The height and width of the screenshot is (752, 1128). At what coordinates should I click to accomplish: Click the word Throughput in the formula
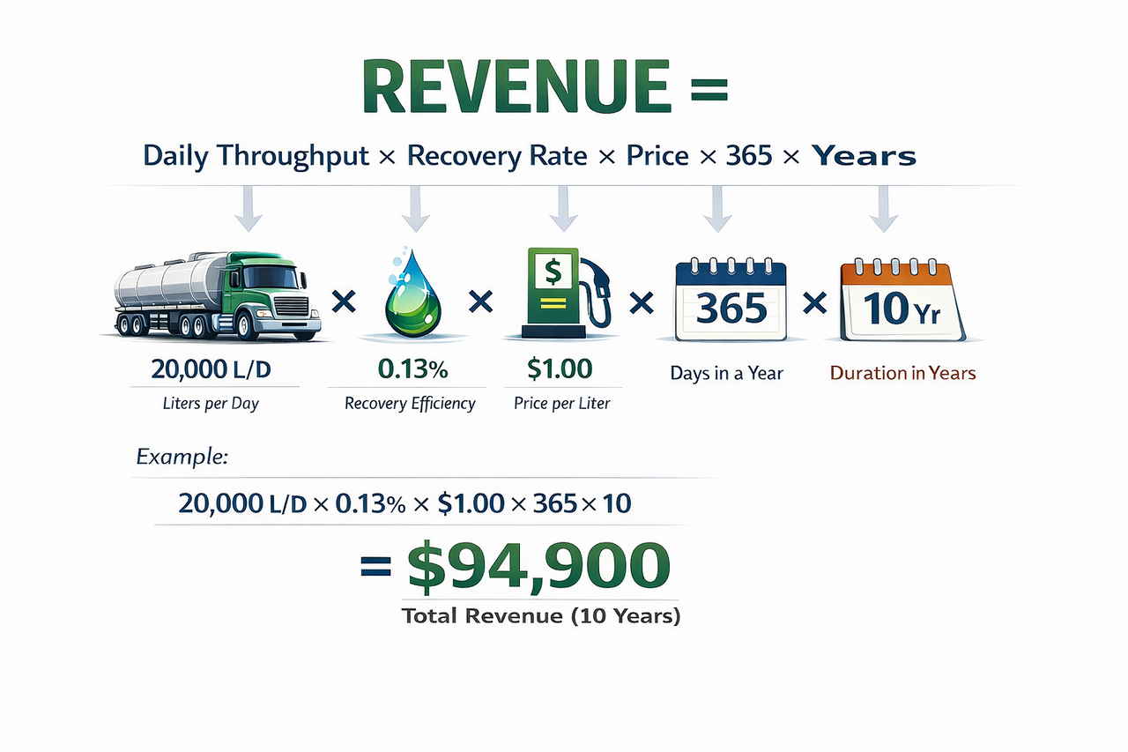304,157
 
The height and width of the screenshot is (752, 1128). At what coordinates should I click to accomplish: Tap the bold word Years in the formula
864,157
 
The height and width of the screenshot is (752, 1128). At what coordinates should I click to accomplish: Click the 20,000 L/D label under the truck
211,370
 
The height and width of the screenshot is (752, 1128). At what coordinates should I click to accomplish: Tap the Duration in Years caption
902,373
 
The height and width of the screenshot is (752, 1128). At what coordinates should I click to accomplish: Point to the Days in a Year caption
726,373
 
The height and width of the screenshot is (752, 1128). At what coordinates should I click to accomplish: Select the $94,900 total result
538,568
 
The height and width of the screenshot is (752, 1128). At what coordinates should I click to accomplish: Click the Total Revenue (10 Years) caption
541,616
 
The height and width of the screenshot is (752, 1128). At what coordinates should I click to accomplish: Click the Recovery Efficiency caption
410,404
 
